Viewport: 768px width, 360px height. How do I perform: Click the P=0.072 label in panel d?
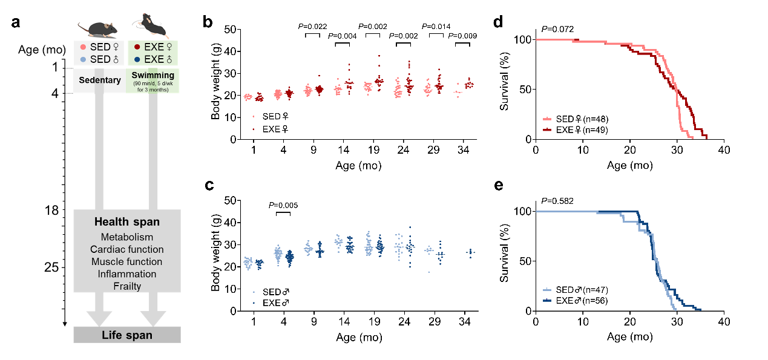pos(557,28)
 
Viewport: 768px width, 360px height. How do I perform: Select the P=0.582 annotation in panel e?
pos(557,200)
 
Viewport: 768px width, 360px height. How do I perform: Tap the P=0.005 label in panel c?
pos(283,205)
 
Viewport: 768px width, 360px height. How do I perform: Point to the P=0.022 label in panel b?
pos(312,26)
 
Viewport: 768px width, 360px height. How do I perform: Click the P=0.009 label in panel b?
pos(462,36)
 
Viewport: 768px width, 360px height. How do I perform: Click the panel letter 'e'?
pos(498,185)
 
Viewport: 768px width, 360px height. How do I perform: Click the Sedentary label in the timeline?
pos(99,79)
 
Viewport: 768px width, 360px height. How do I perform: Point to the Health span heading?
pos(126,222)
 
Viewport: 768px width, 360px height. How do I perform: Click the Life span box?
pos(126,335)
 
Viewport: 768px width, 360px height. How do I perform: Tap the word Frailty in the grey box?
pos(126,286)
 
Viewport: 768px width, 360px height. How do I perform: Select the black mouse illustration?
pos(151,25)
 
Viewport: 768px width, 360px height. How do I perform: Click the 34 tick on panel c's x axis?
pos(465,321)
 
